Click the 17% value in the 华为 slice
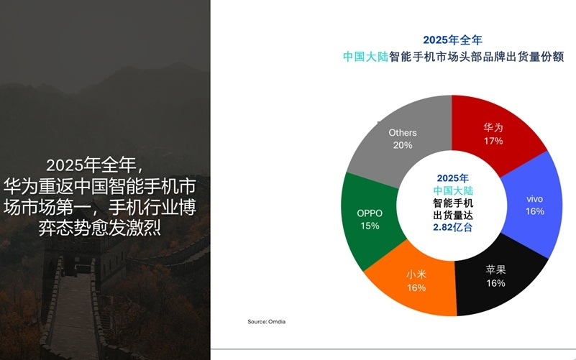tap(493, 141)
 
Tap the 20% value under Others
tap(402, 145)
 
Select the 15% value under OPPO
tap(370, 226)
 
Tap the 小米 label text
tap(416, 274)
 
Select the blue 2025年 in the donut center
tap(452, 177)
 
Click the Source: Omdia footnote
tap(267, 321)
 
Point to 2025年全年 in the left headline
tap(100, 165)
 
